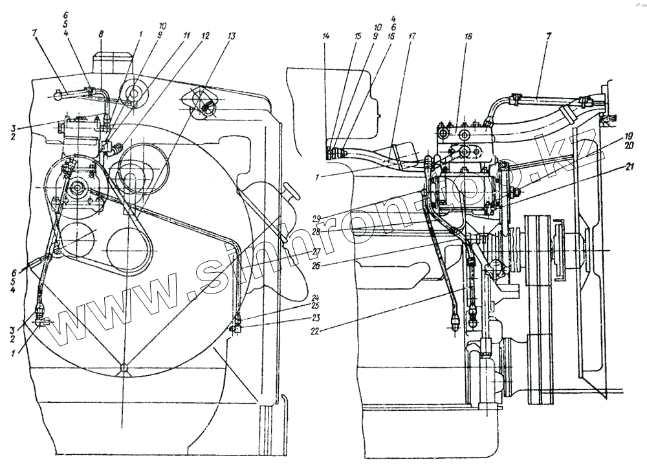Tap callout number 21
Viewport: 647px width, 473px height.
(x=611, y=167)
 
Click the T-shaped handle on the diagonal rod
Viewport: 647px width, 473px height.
(x=290, y=190)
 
